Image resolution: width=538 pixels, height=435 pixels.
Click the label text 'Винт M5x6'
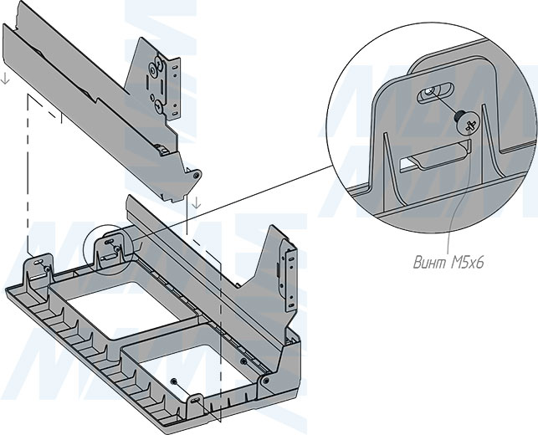pos(449,263)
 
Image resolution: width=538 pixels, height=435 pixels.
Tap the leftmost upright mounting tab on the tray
pos(38,266)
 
